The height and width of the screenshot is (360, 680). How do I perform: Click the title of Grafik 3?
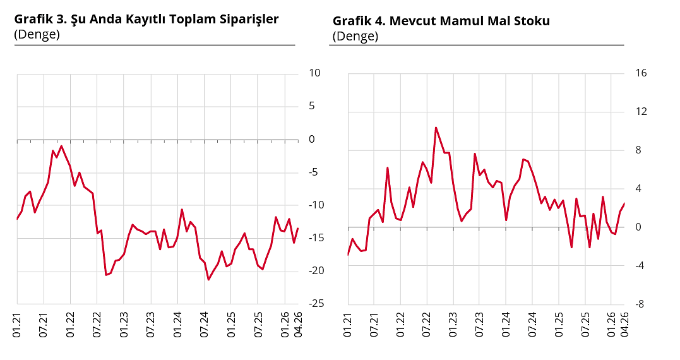pos(146,19)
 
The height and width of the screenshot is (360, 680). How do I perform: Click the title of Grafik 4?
pos(441,21)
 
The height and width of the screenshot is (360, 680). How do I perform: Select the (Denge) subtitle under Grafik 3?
pos(37,34)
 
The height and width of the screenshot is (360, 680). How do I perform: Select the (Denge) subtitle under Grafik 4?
pos(355,36)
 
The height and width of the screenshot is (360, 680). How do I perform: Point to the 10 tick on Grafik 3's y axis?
pos(314,73)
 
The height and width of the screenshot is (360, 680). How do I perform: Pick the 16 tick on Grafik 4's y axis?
pos(641,73)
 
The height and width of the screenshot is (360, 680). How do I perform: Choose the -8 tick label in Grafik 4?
pos(640,304)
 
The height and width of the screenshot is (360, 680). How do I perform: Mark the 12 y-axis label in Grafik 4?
pos(641,112)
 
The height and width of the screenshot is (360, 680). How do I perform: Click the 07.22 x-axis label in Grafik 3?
pos(97,323)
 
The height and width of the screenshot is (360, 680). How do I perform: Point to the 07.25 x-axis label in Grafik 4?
pos(585,323)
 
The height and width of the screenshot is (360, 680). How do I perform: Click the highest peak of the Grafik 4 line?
pos(436,128)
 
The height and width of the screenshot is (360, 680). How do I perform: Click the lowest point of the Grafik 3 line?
pos(208,280)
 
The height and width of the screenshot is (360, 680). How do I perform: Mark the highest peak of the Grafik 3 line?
pos(61,146)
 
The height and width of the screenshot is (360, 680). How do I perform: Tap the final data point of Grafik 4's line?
pos(624,203)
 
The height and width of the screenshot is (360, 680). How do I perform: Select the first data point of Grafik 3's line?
pos(17,219)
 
